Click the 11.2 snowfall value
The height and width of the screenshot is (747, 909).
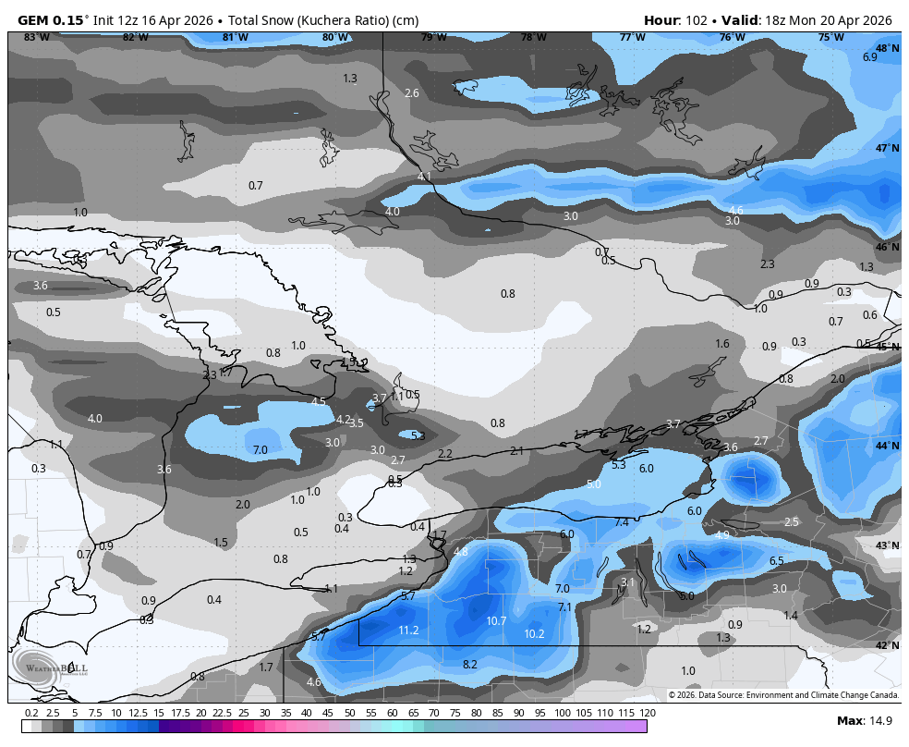pos(408,631)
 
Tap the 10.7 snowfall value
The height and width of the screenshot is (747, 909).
pos(496,621)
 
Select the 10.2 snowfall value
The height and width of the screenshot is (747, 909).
pos(534,634)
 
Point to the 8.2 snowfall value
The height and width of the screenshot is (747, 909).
pos(469,665)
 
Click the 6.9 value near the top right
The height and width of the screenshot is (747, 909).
pos(869,57)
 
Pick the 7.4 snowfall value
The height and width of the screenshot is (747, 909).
pos(622,522)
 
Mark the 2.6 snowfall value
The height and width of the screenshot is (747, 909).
pos(412,93)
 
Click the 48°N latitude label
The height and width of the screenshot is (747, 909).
pos(887,48)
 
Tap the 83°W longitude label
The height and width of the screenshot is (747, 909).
pos(37,37)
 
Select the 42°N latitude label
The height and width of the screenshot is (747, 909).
pos(887,645)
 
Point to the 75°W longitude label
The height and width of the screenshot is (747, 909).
pos(830,37)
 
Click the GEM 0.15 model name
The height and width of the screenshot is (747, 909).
pos(51,20)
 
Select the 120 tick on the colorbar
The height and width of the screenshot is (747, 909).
pos(647,713)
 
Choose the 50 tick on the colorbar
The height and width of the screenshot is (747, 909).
pos(350,713)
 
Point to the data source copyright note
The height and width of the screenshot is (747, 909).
pos(783,694)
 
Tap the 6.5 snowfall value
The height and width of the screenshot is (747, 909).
pos(777,560)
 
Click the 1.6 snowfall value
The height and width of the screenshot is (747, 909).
pos(722,344)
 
